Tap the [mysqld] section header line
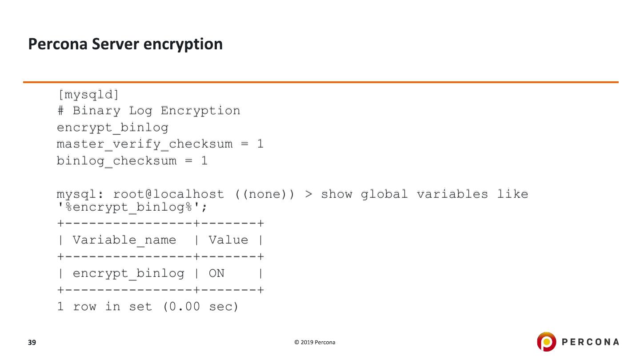[x=88, y=94]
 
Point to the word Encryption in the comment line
[x=200, y=111]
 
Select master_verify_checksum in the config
[x=144, y=144]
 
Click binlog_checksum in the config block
[x=116, y=160]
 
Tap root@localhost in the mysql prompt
[x=168, y=194]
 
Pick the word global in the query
[x=384, y=194]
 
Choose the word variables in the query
[x=452, y=194]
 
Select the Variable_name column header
[x=124, y=240]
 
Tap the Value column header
[x=228, y=240]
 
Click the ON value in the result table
[x=216, y=273]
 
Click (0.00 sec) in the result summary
[x=201, y=307]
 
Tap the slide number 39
[x=32, y=342]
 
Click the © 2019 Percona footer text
[x=315, y=342]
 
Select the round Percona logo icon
[x=546, y=342]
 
